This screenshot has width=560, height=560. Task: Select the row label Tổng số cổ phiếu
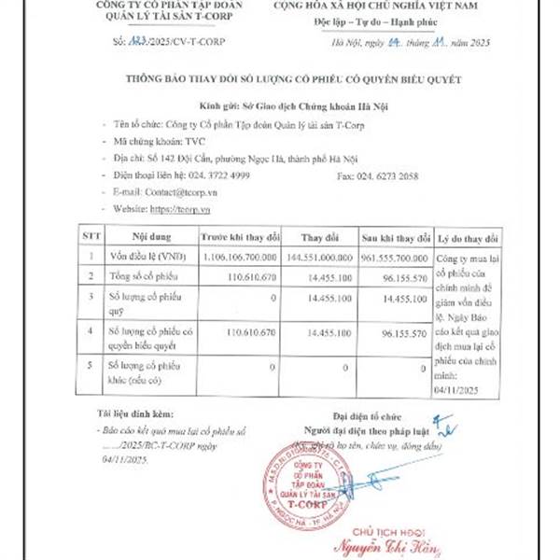point(141,277)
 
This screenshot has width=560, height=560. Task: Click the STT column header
point(91,237)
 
